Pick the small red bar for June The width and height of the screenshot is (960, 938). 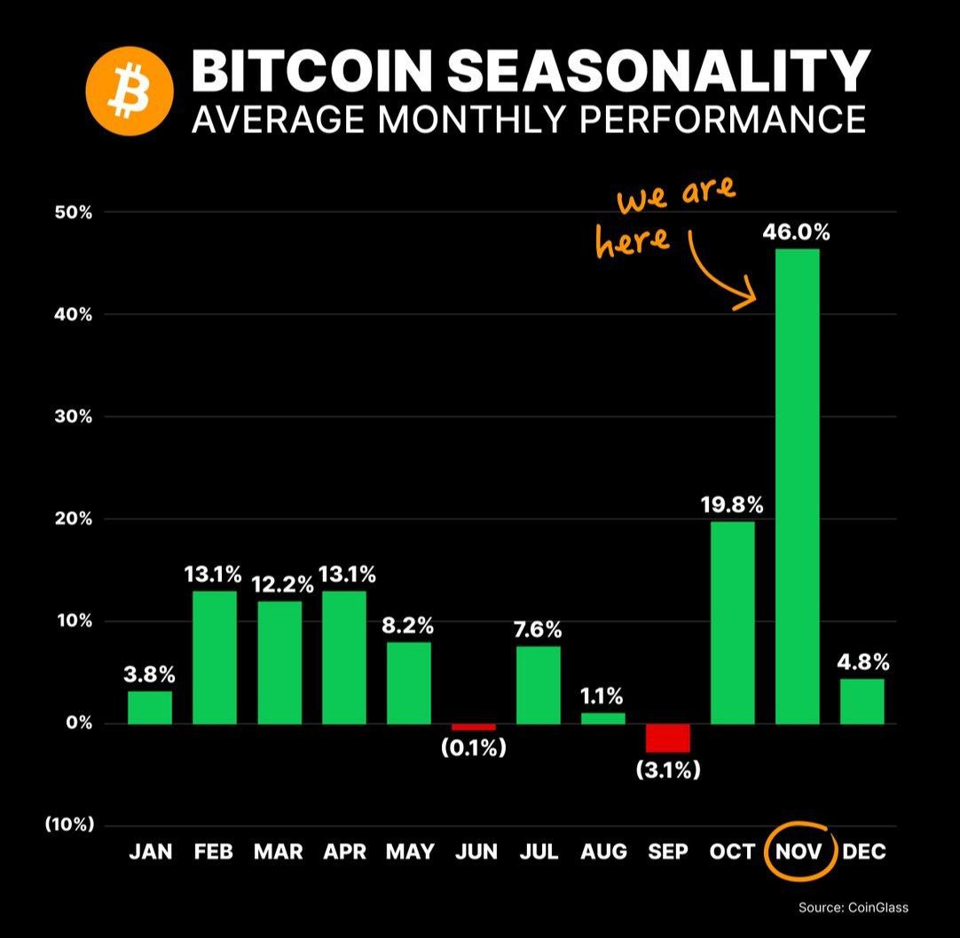coord(473,727)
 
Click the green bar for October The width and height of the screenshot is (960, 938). coord(733,622)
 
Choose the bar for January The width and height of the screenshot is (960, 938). coord(150,707)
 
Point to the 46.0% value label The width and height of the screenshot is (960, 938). coord(796,233)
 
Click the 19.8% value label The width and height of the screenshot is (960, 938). coord(732,505)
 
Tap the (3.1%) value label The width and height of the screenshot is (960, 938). coord(668,769)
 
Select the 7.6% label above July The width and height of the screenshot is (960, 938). coord(538,630)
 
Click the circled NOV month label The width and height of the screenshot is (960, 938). coord(799,852)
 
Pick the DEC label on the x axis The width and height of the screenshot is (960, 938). coord(863,852)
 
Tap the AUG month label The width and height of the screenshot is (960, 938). coord(603,852)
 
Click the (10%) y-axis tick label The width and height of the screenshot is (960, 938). coord(69,825)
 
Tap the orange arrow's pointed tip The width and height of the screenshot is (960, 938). coord(753,298)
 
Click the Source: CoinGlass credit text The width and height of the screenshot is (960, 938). coord(853,907)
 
